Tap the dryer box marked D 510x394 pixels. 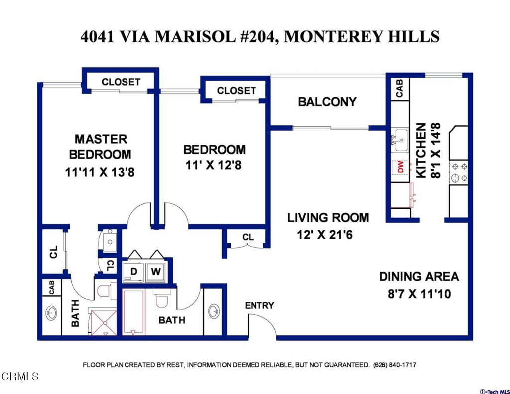[x=133, y=271]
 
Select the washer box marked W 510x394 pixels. [x=155, y=271]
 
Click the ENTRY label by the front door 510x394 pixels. [x=259, y=305]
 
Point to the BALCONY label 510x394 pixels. [x=327, y=102]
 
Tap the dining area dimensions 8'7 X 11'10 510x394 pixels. [x=419, y=294]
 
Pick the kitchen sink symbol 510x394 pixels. [x=399, y=139]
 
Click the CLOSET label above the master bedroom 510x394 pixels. [x=121, y=82]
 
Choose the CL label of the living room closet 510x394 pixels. [x=248, y=237]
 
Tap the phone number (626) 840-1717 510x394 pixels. [x=394, y=365]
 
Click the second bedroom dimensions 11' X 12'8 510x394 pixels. [x=214, y=165]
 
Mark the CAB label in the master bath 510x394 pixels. [x=51, y=287]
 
